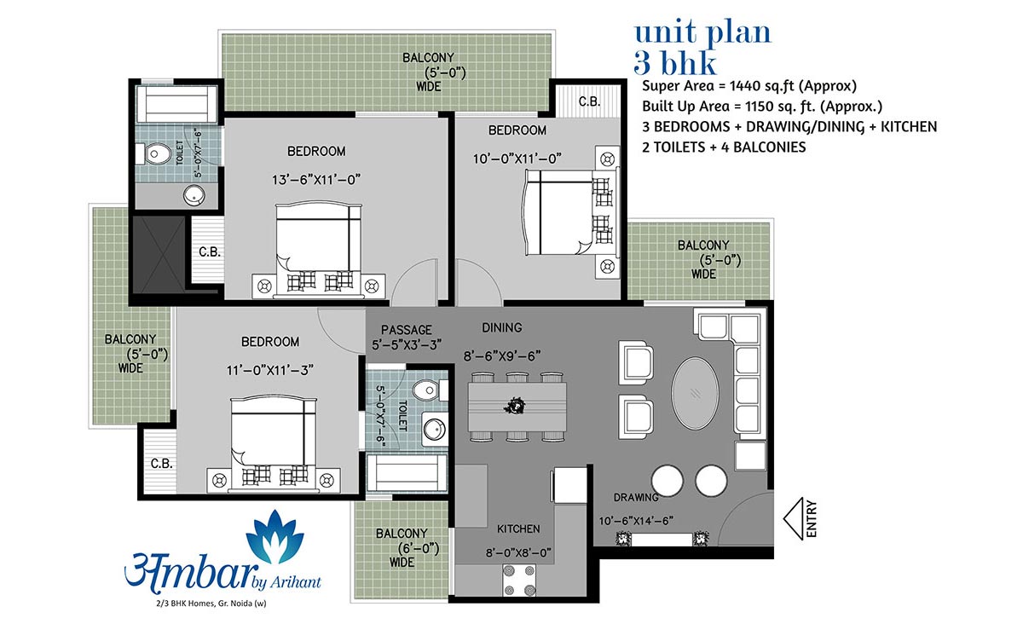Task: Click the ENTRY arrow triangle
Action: point(794,519)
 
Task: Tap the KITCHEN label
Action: point(518,529)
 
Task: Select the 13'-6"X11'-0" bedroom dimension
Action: point(316,180)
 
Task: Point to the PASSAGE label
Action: point(406,330)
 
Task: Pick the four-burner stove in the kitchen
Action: point(519,580)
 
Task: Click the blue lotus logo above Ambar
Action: point(275,537)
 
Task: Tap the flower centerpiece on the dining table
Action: point(515,405)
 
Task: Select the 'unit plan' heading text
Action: point(702,33)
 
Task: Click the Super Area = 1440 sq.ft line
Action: point(749,86)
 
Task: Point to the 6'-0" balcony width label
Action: point(418,547)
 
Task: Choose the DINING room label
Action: point(502,327)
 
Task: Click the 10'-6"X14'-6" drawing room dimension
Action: point(636,521)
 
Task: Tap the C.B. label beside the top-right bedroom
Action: point(589,101)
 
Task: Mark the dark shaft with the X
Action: point(159,254)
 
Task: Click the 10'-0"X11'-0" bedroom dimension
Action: point(517,159)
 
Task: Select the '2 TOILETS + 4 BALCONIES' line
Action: point(724,147)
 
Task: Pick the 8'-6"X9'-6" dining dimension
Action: point(502,355)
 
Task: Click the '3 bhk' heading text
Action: point(674,63)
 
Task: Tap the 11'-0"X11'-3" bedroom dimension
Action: point(270,370)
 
